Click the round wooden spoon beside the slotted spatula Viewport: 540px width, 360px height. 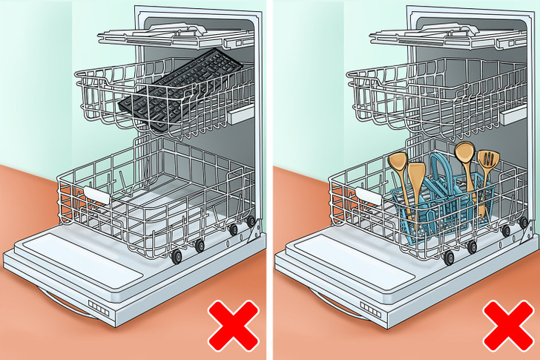pos(465,153)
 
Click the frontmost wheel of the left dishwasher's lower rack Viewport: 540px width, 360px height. pos(177,257)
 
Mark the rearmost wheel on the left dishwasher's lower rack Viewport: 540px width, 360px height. pos(251,221)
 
